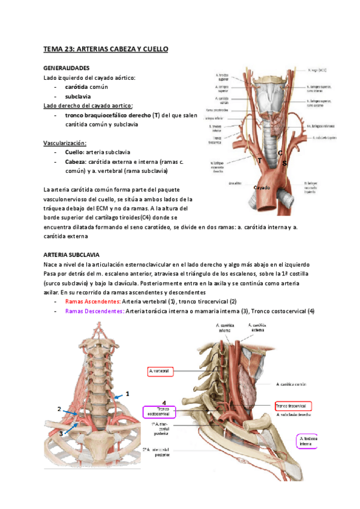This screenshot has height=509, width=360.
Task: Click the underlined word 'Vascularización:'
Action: pos(65,143)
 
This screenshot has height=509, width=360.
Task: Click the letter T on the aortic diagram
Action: pos(260,161)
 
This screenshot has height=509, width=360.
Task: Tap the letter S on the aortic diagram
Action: pos(285,163)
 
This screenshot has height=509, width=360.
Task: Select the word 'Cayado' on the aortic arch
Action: pos(262,188)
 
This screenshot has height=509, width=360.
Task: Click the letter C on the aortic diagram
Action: pos(280,152)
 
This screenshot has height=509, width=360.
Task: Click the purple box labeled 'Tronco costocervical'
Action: pos(158,411)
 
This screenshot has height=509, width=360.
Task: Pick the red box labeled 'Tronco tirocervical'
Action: pos(291,405)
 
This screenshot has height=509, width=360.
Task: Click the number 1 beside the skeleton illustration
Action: pos(127,394)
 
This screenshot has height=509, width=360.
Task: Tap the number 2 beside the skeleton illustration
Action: pos(59,409)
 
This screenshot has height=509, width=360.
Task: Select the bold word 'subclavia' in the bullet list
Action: pos(79,96)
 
